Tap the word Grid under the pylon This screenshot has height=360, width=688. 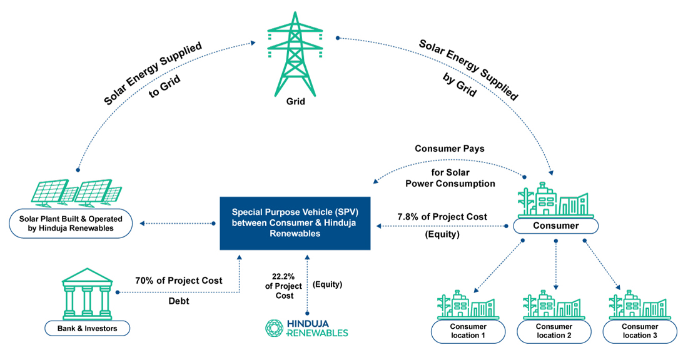pyautogui.click(x=295, y=102)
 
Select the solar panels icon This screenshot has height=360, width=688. pyautogui.click(x=76, y=193)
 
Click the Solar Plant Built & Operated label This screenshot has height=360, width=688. pyautogui.click(x=71, y=224)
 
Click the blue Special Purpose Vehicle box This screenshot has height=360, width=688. pyautogui.click(x=295, y=223)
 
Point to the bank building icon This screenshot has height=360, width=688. pyautogui.click(x=88, y=294)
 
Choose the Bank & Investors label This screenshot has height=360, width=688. pyautogui.click(x=88, y=328)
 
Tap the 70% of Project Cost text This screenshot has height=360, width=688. pyautogui.click(x=179, y=281)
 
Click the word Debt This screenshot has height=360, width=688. pyautogui.click(x=179, y=301)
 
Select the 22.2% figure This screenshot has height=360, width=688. pyautogui.click(x=283, y=277)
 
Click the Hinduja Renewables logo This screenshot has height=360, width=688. pyautogui.click(x=306, y=328)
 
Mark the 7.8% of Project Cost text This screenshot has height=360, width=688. pyautogui.click(x=442, y=217)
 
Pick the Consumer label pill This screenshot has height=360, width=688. pyautogui.click(x=555, y=226)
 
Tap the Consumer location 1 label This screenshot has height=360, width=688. pyautogui.click(x=468, y=331)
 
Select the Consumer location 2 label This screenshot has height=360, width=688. pyautogui.click(x=554, y=331)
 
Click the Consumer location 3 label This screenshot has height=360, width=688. pyautogui.click(x=640, y=331)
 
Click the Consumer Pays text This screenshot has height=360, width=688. pyautogui.click(x=450, y=149)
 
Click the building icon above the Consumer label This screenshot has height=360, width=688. pyautogui.click(x=555, y=201)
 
